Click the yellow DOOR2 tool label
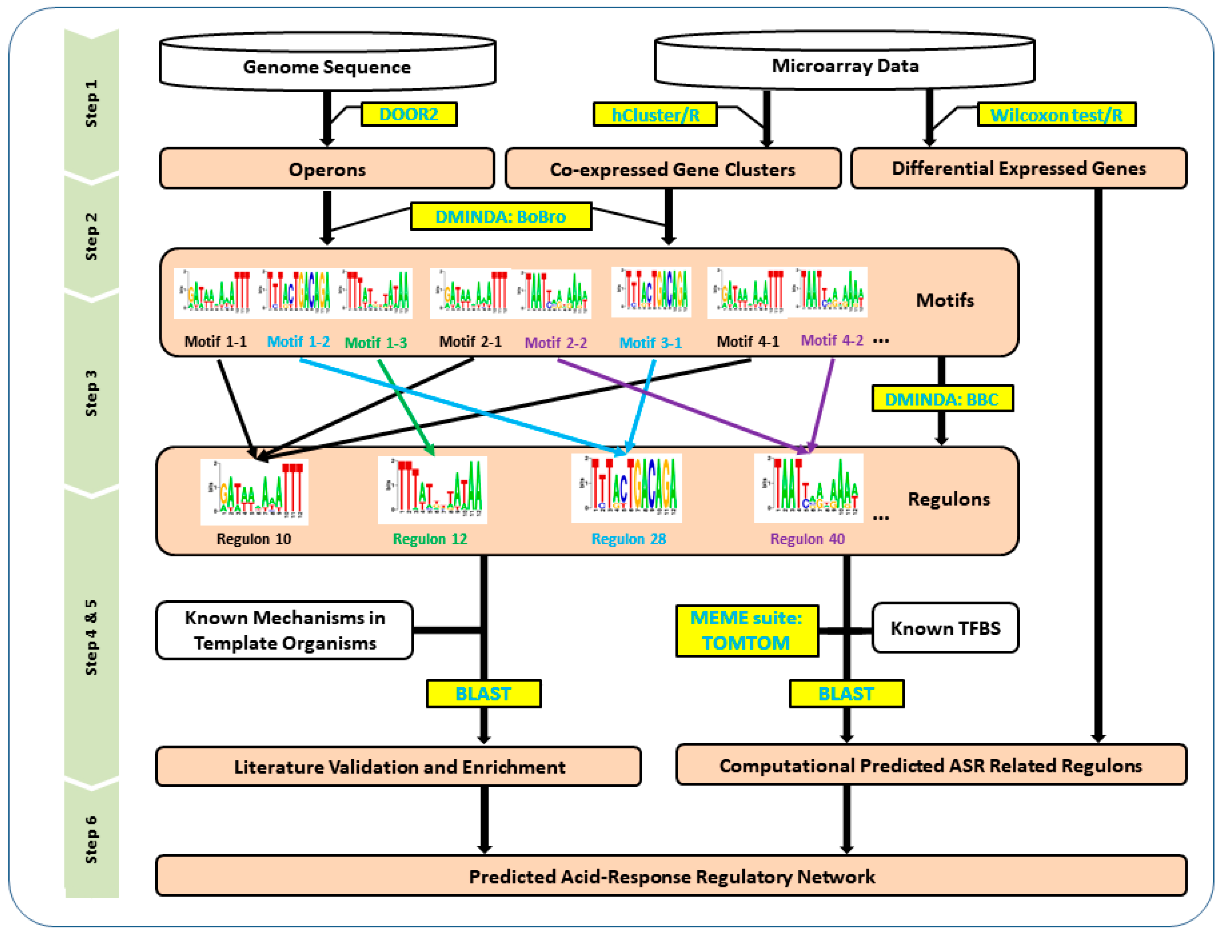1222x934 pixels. tap(409, 114)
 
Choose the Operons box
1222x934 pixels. tap(327, 168)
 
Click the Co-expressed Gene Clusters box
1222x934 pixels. tap(673, 168)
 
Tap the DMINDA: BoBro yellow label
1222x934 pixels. tap(501, 216)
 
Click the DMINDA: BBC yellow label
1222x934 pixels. tap(942, 398)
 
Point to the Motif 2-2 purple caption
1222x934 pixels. tap(556, 342)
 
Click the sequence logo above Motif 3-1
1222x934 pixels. tap(651, 292)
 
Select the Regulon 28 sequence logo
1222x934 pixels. tap(626, 488)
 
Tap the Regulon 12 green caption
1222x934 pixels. tap(430, 539)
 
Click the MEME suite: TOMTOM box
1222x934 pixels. tap(746, 631)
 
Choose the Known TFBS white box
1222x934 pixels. tap(945, 628)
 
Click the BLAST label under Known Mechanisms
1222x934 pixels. tap(483, 693)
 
